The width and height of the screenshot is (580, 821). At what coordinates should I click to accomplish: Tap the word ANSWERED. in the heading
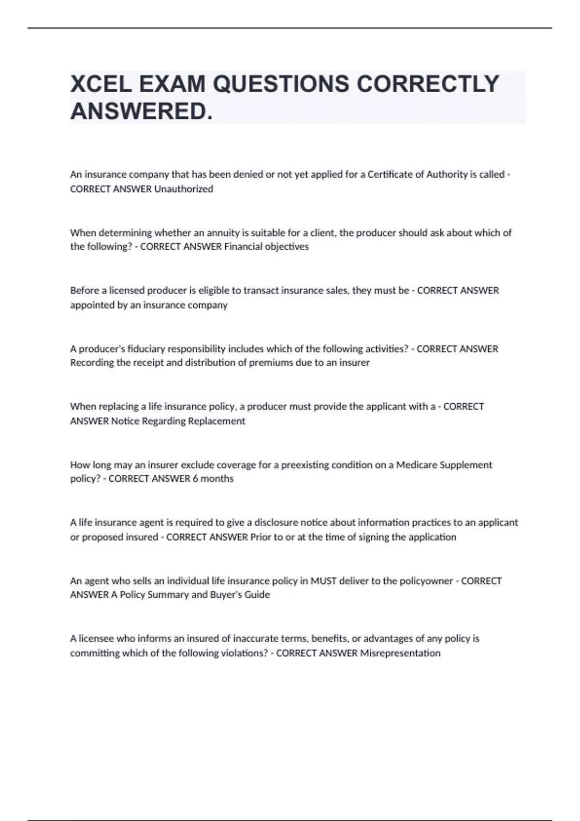[x=141, y=112]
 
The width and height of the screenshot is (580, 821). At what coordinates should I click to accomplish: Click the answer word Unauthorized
[x=184, y=189]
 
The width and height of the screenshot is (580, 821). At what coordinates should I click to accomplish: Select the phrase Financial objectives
[x=266, y=247]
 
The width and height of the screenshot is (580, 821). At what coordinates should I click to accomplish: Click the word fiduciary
[x=145, y=349]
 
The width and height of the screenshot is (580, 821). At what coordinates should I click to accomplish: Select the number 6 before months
[x=195, y=479]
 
